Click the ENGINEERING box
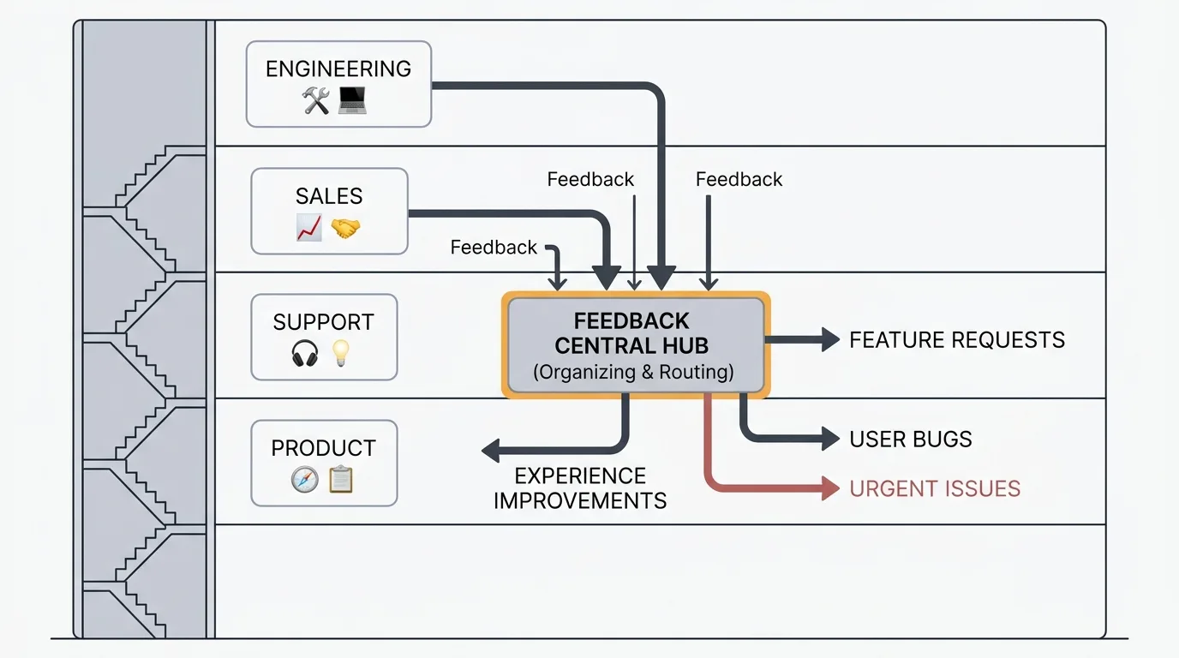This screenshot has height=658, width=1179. coord(338,85)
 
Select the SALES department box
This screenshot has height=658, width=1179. coord(329,212)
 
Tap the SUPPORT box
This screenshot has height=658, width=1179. coord(324,337)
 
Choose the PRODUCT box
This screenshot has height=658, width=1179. coord(324,463)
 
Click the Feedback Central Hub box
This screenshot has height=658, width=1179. coord(635,346)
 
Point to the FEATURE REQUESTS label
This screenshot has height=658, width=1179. coord(957,340)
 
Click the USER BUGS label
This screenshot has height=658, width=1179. coord(911,440)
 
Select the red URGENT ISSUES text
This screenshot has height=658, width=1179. coord(935,489)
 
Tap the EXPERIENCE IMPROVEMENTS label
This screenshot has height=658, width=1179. coord(580,488)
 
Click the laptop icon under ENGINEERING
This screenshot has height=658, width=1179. coord(352,101)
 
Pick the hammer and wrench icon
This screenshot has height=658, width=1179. coord(316,102)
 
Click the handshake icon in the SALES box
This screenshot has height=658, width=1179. coord(345,228)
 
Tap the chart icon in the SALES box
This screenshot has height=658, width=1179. coord(308,228)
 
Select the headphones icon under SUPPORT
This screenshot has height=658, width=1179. coord(305,353)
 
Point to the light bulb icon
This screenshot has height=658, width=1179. coord(342,353)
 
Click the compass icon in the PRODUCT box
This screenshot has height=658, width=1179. coord(305,479)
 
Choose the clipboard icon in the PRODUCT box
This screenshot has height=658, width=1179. coord(341,479)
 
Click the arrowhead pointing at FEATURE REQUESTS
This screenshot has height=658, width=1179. coord(829,340)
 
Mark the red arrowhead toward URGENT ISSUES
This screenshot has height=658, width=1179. coord(829,489)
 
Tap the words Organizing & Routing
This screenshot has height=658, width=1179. coord(634,373)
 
